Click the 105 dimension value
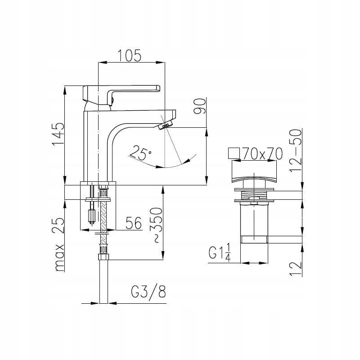pos(129,55)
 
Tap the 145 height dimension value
pos(58,134)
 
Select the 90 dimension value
pos(199,106)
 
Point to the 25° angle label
pos(140,153)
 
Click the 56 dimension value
pos(134,223)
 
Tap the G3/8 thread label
pos(148,292)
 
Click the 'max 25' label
pos(59,244)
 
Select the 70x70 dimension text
pos(263,153)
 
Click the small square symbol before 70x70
pos(234,153)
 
